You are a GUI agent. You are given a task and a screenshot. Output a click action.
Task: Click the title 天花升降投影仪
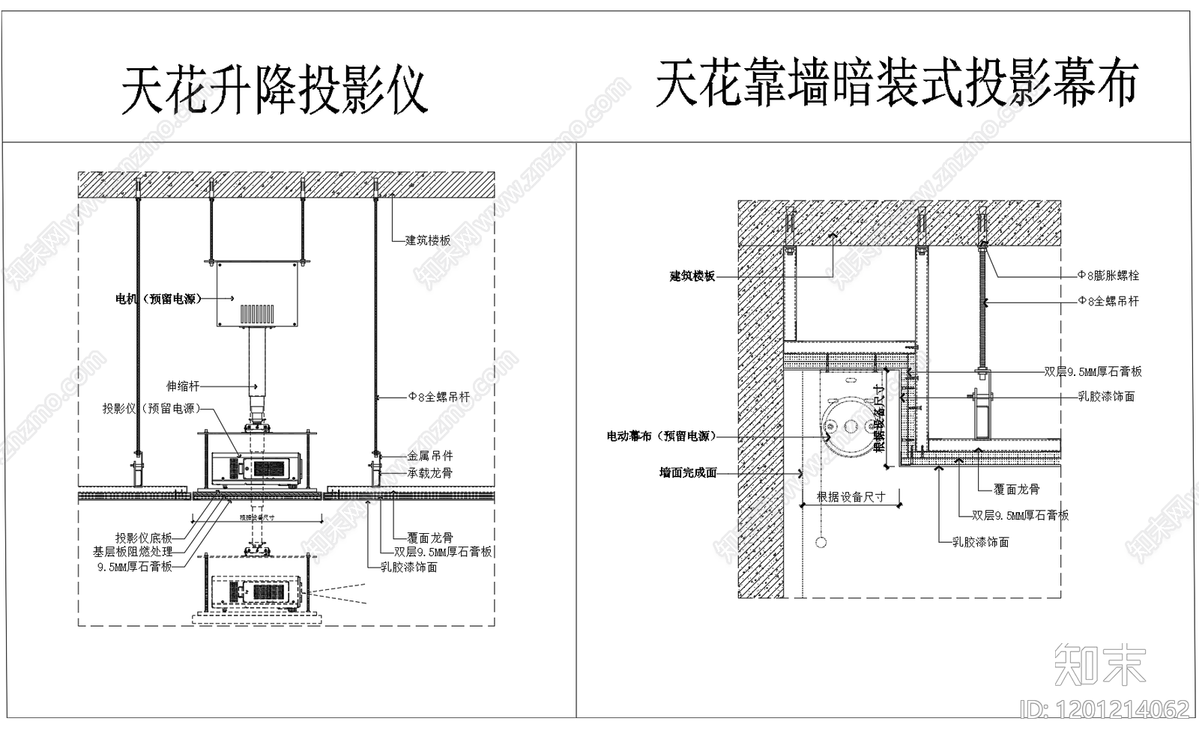274,91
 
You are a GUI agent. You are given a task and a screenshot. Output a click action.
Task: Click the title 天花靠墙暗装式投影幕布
896,83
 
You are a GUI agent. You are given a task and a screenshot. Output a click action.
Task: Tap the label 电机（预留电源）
159,299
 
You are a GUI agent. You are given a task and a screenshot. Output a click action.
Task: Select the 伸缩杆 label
183,386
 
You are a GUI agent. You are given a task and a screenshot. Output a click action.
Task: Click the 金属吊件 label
430,455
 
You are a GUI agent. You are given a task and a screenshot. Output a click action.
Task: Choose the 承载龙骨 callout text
430,472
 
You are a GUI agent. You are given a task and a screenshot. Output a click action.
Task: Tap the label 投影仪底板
144,538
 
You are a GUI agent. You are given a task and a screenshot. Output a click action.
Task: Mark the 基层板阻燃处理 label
133,552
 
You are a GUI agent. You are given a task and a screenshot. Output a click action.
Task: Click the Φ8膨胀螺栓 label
1108,276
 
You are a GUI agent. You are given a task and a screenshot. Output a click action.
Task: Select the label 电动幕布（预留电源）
661,436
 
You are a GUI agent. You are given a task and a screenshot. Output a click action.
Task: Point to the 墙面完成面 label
688,472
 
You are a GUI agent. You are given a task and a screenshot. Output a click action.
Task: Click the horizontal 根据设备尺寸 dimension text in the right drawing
851,496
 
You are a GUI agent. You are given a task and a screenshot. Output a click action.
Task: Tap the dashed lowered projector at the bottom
257,591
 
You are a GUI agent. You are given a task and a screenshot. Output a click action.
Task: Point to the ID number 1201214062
1105,708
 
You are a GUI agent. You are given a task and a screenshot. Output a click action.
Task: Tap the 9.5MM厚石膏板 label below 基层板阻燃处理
135,567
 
